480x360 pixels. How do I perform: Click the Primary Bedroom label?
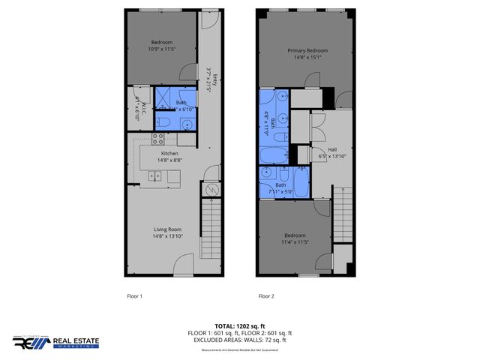tap(308, 51)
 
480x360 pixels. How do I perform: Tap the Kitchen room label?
tap(169, 153)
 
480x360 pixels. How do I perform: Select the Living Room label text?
tap(168, 229)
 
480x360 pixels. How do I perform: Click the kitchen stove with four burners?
tap(158, 137)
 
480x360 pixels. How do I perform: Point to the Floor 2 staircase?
tap(343, 210)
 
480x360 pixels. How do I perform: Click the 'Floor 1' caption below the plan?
tap(134, 296)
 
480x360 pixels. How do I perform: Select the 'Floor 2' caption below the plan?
tap(266, 296)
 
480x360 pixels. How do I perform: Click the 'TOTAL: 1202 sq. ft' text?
tap(239, 326)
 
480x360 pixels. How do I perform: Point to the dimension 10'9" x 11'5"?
tap(162, 49)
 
